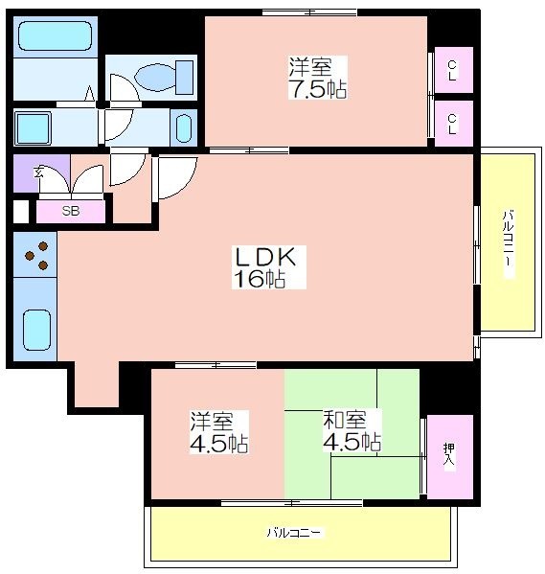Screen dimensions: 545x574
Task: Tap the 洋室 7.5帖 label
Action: (317, 78)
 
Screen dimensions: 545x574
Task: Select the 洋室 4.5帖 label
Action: (219, 432)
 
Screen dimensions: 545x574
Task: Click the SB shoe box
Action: (71, 211)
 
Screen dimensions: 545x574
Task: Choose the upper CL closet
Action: (453, 70)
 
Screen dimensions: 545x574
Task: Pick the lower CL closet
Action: (453, 124)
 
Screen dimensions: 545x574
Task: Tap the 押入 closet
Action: (450, 456)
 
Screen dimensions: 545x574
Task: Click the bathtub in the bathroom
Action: (55, 35)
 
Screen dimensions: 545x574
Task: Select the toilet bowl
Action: (164, 78)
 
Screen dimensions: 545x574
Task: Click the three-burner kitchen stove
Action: (35, 255)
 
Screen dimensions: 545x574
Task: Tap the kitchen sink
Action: (36, 330)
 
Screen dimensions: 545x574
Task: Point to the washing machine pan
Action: (33, 128)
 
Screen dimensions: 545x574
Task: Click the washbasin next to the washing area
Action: (184, 128)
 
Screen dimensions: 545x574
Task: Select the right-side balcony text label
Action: (508, 243)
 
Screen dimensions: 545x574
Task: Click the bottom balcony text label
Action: (295, 532)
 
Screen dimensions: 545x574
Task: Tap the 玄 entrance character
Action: (38, 172)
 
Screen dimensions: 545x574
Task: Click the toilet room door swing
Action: (125, 88)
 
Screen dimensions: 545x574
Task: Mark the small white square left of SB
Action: (21, 211)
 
